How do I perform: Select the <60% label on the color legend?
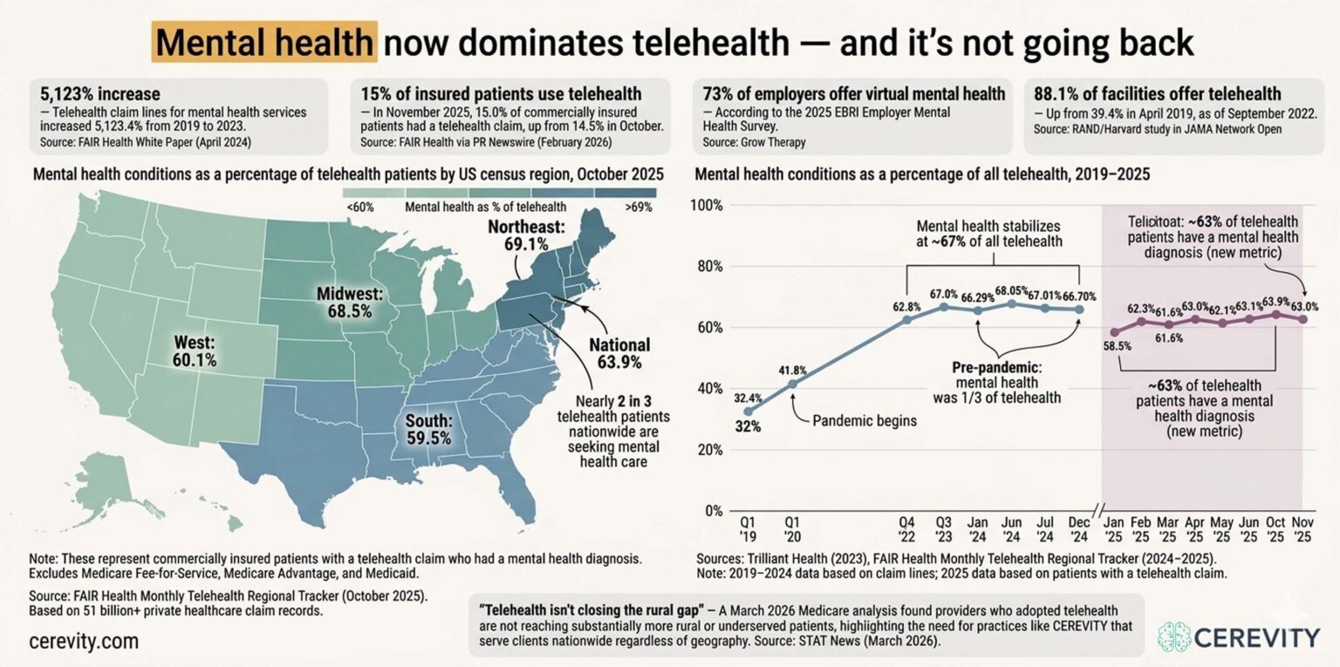[359, 208]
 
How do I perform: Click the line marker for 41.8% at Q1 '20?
[792, 384]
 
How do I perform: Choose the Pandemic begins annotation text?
[865, 421]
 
